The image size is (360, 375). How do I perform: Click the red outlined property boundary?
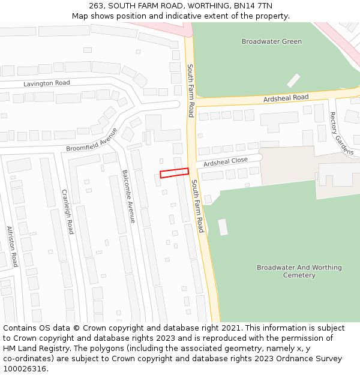pyautogui.click(x=174, y=173)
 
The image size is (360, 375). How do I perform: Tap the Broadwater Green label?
pyautogui.click(x=272, y=41)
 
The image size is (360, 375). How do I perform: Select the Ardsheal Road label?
pyautogui.click(x=285, y=98)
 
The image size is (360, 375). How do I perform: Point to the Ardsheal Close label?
pyautogui.click(x=225, y=162)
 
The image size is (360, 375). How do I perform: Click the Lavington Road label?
pyautogui.click(x=47, y=83)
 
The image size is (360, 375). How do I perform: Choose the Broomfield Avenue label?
pyautogui.click(x=92, y=140)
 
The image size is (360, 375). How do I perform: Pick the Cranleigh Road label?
pyautogui.click(x=67, y=211)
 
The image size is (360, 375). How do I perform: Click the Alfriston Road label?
pyautogui.click(x=12, y=246)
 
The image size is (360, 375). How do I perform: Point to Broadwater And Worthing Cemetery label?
pyautogui.click(x=299, y=271)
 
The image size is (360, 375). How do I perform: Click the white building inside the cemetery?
pyautogui.click(x=223, y=227)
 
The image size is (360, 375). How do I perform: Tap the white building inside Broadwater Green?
pyautogui.click(x=293, y=80)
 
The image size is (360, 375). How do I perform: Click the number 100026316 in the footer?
pyautogui.click(x=25, y=368)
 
